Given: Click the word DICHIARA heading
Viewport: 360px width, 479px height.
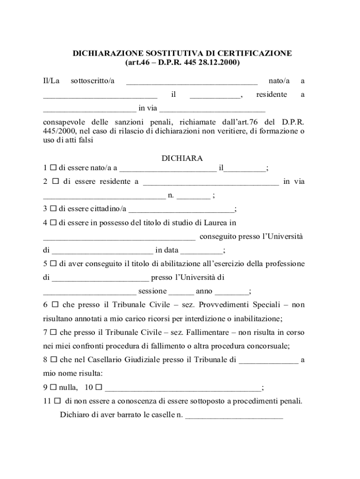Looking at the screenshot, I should click(x=182, y=158).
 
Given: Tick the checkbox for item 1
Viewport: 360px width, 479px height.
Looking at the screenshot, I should click(x=53, y=167).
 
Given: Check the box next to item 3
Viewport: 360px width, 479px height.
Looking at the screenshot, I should click(x=53, y=209).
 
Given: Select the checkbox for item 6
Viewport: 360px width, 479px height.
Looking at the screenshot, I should click(x=55, y=305).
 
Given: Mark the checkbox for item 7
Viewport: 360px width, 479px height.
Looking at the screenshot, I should click(x=53, y=333).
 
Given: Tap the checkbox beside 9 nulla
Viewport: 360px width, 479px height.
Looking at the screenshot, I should click(x=53, y=387).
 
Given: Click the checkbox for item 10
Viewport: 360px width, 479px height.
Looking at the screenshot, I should click(x=100, y=387).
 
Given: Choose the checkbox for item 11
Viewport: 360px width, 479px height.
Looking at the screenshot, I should click(x=57, y=401).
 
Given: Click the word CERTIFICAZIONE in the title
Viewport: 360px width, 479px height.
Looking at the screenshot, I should click(x=253, y=53).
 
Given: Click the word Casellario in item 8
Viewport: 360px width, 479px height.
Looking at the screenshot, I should click(x=110, y=360).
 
